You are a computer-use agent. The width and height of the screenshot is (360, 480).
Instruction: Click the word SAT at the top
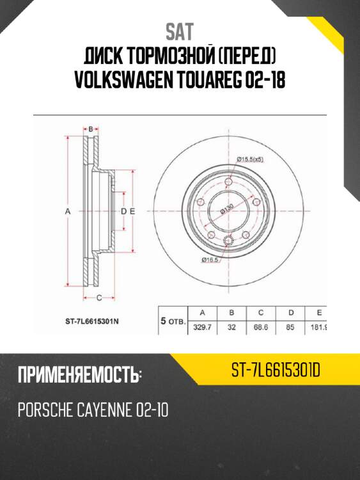[x=180, y=31]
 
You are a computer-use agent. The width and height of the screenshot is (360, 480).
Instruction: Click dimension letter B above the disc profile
[x=91, y=129]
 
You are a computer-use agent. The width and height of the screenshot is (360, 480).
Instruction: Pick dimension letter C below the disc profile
[x=99, y=297]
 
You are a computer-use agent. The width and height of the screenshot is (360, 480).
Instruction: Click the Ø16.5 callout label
[x=212, y=259]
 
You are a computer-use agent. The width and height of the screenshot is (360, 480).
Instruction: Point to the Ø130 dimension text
[x=226, y=209]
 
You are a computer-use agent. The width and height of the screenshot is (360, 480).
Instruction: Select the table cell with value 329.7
[x=202, y=327]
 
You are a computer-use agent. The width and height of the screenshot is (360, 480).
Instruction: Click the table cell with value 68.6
[x=261, y=327]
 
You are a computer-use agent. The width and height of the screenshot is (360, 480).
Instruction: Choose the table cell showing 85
[x=291, y=327]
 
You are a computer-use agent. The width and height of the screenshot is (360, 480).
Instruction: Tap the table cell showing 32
[x=231, y=327]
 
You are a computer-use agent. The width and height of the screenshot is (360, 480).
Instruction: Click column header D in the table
[x=291, y=312]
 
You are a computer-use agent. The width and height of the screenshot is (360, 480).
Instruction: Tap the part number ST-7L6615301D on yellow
[x=276, y=369]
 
